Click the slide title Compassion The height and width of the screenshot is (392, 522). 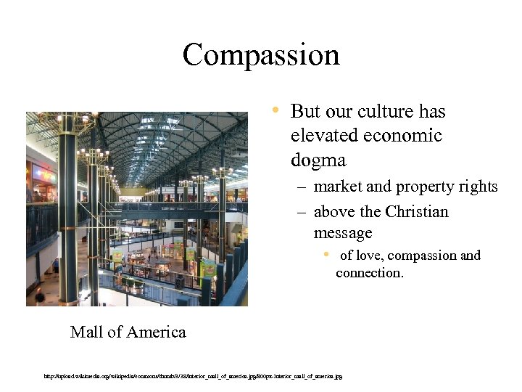pos(261,55)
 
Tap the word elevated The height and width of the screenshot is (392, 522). pos(323,136)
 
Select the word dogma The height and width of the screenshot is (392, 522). pos(318,159)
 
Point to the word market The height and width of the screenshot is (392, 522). pos(337,187)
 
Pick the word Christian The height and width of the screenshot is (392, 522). pos(417,212)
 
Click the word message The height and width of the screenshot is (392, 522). pos(342,233)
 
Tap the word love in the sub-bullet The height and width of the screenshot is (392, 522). pos(373,256)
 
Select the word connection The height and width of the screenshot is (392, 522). pos(368,274)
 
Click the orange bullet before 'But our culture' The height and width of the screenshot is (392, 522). pos(276,111)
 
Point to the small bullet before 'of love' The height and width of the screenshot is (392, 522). pos(327,254)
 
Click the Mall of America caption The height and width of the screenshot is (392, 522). pos(128,332)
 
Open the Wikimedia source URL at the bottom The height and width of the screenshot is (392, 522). pos(193,376)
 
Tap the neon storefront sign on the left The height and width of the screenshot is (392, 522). pos(43,173)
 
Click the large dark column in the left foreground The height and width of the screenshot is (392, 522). pos(68,218)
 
